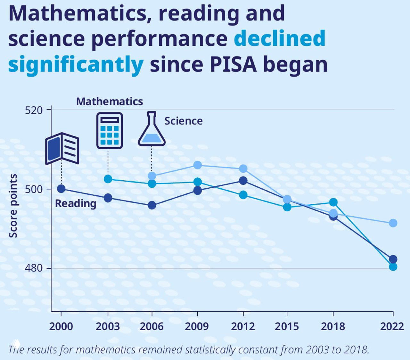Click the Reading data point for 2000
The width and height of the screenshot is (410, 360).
[61, 189]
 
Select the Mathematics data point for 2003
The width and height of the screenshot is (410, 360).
[108, 179]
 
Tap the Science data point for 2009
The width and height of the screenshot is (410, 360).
[198, 165]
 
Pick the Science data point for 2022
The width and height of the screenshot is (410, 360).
[393, 223]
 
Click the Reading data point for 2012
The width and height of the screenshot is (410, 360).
[243, 181]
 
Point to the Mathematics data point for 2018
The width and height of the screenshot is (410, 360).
[333, 202]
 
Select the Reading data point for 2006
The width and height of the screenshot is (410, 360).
[152, 205]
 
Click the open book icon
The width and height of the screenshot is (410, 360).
[62, 148]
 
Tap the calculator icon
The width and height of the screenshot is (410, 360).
[110, 130]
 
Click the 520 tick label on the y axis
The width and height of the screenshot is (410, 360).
[34, 110]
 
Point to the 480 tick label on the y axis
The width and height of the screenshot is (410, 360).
[34, 268]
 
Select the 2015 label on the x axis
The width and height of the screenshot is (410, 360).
[287, 326]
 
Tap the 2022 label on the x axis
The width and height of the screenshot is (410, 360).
[392, 326]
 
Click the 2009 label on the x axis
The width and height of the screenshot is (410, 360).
[197, 326]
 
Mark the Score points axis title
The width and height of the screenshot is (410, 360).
[13, 206]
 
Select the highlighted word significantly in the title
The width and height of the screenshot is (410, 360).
[76, 64]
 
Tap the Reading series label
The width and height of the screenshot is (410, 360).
[76, 203]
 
